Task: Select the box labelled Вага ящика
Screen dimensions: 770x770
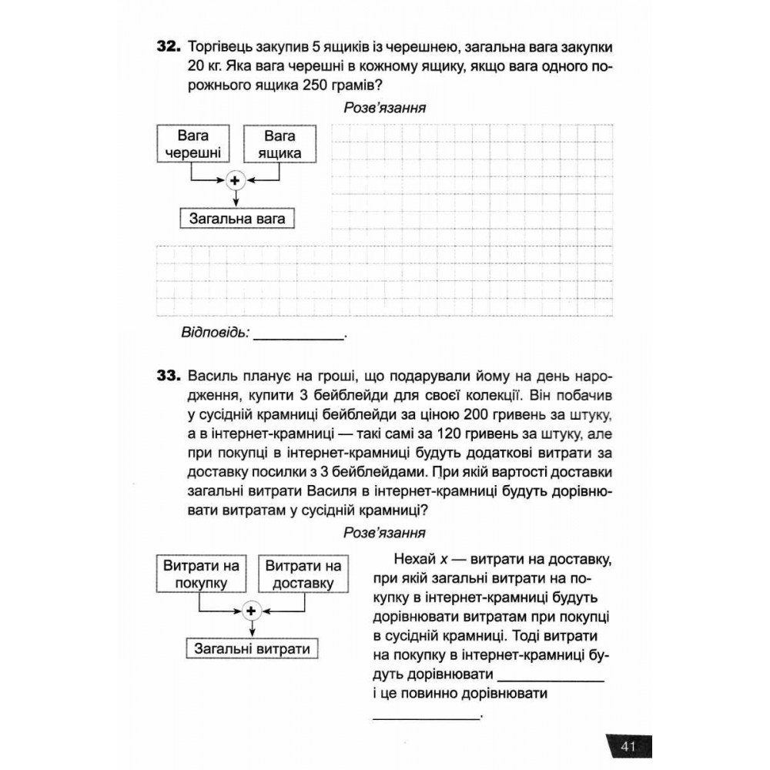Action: click(280, 144)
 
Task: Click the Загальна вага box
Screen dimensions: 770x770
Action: click(237, 219)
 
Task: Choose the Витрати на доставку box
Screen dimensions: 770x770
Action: click(303, 574)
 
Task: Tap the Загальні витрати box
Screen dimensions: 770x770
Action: click(253, 648)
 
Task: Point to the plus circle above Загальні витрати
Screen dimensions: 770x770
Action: click(251, 611)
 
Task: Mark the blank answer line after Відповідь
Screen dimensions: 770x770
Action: click(299, 337)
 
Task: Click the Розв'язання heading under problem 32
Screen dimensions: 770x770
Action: click(385, 108)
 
